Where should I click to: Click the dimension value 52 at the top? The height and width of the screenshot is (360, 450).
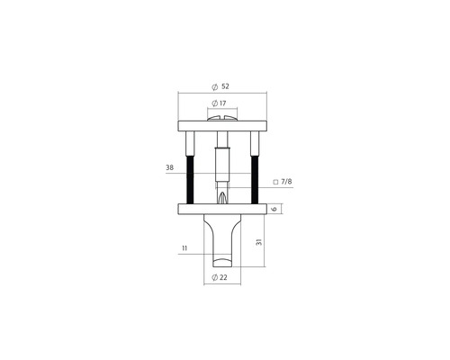pyautogui.click(x=224, y=86)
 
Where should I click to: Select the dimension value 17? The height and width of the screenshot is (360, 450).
pyautogui.click(x=224, y=104)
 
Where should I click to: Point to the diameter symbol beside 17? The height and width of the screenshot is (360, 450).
pyautogui.click(x=213, y=104)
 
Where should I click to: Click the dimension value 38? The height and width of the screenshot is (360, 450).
pyautogui.click(x=169, y=167)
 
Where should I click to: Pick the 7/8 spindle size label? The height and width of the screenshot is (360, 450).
pyautogui.click(x=286, y=182)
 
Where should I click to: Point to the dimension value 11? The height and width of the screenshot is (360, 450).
pyautogui.click(x=184, y=249)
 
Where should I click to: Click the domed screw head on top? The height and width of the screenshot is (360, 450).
pyautogui.click(x=222, y=116)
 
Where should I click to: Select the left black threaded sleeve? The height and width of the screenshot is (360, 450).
pyautogui.click(x=190, y=178)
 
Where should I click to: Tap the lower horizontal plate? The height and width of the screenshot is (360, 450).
pyautogui.click(x=222, y=210)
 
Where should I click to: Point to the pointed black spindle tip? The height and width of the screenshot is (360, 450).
pyautogui.click(x=222, y=193)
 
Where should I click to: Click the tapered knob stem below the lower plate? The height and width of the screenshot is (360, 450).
pyautogui.click(x=221, y=238)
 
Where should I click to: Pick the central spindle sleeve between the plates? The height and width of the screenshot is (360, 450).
pyautogui.click(x=222, y=162)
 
